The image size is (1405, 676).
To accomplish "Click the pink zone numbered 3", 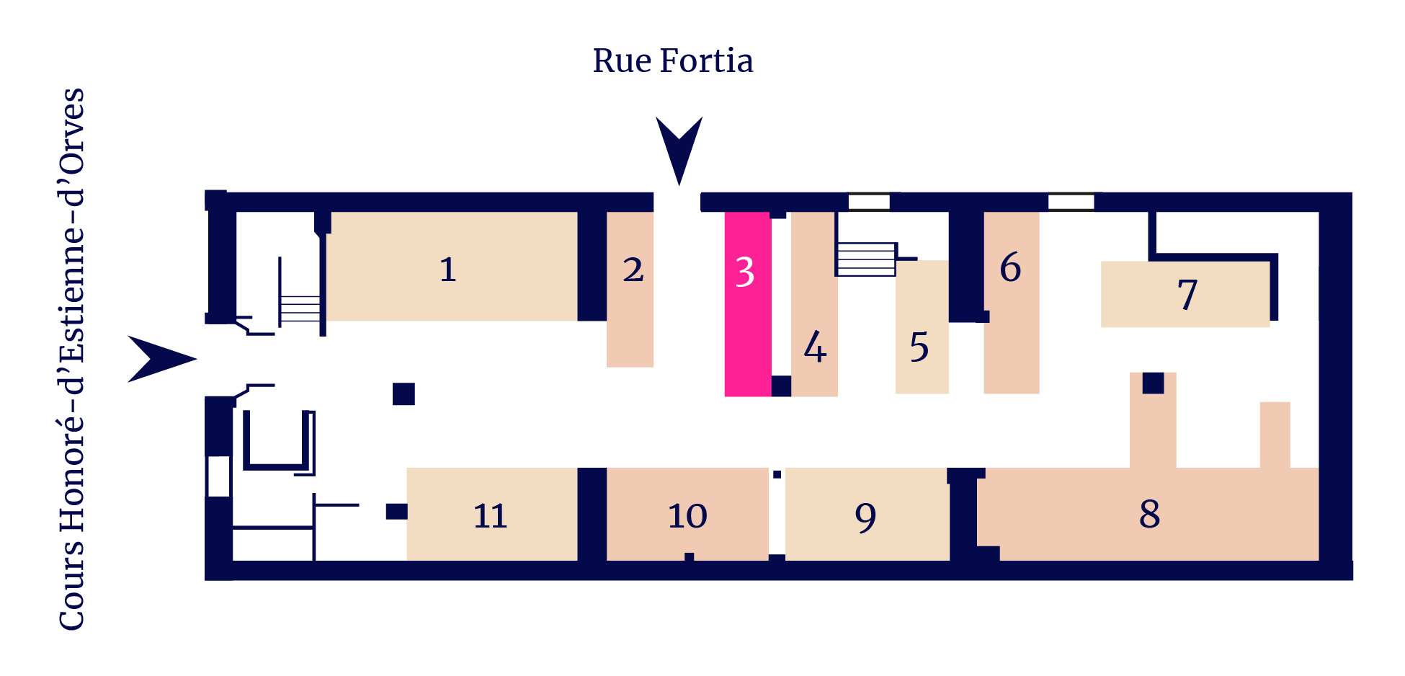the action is click(748, 303).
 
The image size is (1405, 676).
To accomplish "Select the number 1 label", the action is click(448, 270).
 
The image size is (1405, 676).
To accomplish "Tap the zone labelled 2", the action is click(630, 289).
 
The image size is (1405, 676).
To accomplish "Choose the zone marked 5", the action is click(922, 326).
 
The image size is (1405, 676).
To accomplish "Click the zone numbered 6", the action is click(1012, 303).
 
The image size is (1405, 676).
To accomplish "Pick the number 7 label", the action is click(1187, 294).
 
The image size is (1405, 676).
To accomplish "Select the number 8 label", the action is click(1150, 514).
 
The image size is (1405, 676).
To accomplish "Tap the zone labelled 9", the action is click(867, 514).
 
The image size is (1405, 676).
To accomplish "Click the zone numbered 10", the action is click(687, 514).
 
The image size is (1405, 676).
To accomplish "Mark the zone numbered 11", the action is click(492, 514).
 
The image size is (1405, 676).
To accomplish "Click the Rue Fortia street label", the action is click(673, 61).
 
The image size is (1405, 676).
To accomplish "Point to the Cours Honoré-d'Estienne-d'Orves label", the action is click(72, 359).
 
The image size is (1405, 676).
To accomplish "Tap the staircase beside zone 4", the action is click(865, 259).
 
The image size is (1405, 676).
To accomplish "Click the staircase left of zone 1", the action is click(300, 308).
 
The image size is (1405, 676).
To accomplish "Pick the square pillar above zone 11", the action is click(403, 394).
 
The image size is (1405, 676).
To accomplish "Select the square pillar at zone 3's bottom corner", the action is click(782, 386).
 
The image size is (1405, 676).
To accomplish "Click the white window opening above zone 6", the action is click(1071, 202).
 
